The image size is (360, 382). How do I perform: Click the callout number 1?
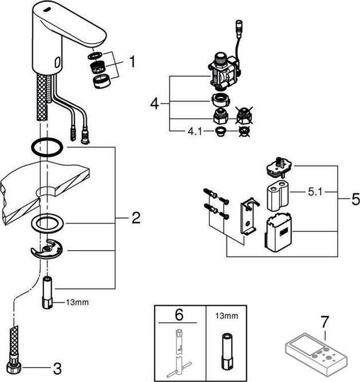point(132,61)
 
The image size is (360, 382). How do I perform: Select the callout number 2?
point(135,217)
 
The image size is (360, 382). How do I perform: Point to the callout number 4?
point(153,104)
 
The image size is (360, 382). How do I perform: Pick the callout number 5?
point(355,200)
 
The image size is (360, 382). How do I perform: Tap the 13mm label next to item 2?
point(78,300)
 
